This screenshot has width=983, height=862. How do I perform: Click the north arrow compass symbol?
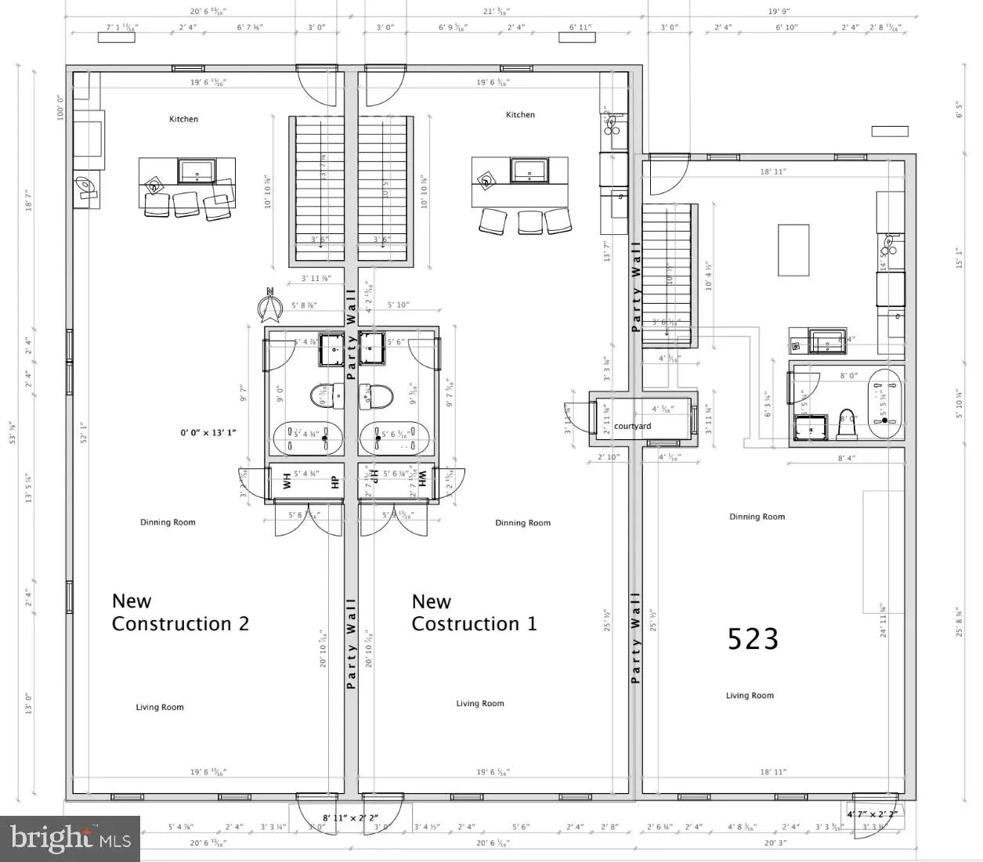[x=270, y=306]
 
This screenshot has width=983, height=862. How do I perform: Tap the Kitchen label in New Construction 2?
[x=184, y=119]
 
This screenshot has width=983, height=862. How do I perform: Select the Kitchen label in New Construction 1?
[x=520, y=114]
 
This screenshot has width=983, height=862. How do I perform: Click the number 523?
[x=753, y=639]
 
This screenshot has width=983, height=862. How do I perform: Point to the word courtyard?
[x=632, y=426]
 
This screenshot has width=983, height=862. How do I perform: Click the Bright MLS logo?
[x=70, y=839]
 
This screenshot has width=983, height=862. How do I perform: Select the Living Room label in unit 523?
[x=750, y=695]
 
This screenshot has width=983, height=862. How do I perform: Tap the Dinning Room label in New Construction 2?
[x=168, y=522]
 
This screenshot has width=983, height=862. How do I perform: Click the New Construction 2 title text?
[x=180, y=612]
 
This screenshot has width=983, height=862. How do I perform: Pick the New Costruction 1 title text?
[x=474, y=612]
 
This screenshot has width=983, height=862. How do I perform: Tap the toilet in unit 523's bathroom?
[x=846, y=423]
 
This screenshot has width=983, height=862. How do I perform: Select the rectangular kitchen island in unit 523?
[x=793, y=250]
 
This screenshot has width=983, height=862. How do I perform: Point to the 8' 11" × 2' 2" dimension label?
[x=350, y=817]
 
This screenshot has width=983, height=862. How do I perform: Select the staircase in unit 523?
[x=668, y=274]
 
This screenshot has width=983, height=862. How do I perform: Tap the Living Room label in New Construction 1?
[x=480, y=703]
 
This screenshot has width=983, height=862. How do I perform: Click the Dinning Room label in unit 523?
[x=757, y=517]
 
